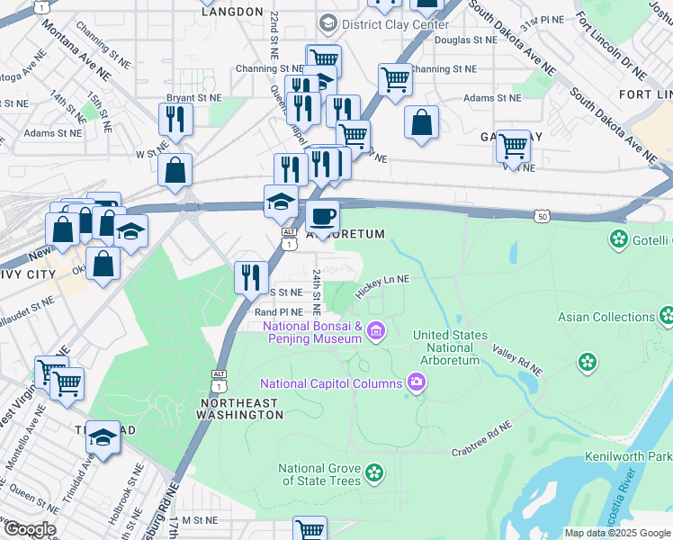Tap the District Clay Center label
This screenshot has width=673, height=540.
(x=384, y=23)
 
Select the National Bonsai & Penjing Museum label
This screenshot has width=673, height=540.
(x=312, y=332)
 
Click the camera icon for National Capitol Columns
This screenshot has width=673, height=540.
(x=417, y=383)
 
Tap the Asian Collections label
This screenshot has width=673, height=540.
(x=606, y=317)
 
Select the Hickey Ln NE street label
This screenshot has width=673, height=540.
(x=382, y=285)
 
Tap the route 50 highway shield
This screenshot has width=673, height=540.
(x=541, y=216)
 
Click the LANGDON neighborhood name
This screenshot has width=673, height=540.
(x=233, y=12)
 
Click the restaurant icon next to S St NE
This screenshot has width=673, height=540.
(x=250, y=276)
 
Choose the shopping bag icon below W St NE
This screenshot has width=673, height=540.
(x=175, y=169)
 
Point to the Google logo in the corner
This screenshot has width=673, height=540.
(x=29, y=529)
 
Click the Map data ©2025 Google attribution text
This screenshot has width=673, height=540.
(x=616, y=533)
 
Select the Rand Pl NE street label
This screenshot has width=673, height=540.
(x=278, y=312)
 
